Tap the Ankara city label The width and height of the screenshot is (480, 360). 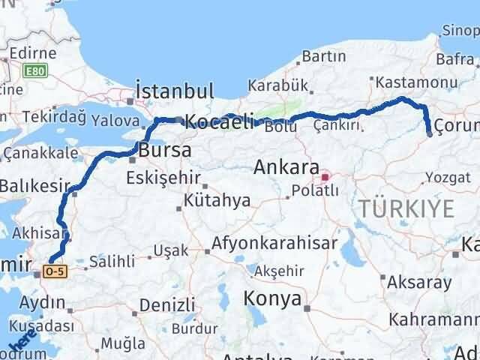click(x=286, y=166)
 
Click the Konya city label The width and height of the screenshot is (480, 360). click(x=272, y=298)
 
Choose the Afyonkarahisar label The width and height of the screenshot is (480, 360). click(x=274, y=243)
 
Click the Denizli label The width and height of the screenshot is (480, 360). click(x=166, y=306)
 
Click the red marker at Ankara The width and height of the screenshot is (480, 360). click(x=325, y=178)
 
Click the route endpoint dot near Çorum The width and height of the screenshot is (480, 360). click(x=430, y=134)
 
